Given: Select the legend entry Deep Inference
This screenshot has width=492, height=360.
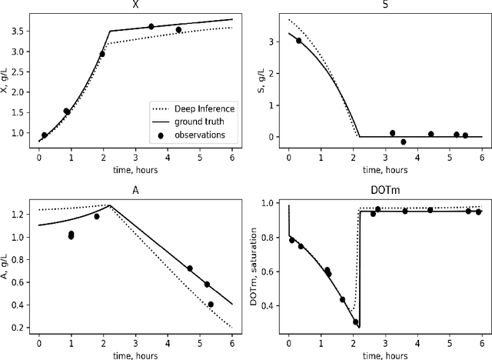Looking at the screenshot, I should coord(203,108).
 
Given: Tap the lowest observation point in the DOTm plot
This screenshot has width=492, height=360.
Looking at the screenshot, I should coord(355,322).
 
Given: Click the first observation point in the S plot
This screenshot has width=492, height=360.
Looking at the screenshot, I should coord(299,41).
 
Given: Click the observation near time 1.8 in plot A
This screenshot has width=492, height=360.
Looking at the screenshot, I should coord(97,216).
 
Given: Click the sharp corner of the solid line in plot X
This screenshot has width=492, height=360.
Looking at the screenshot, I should coord(110,32).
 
